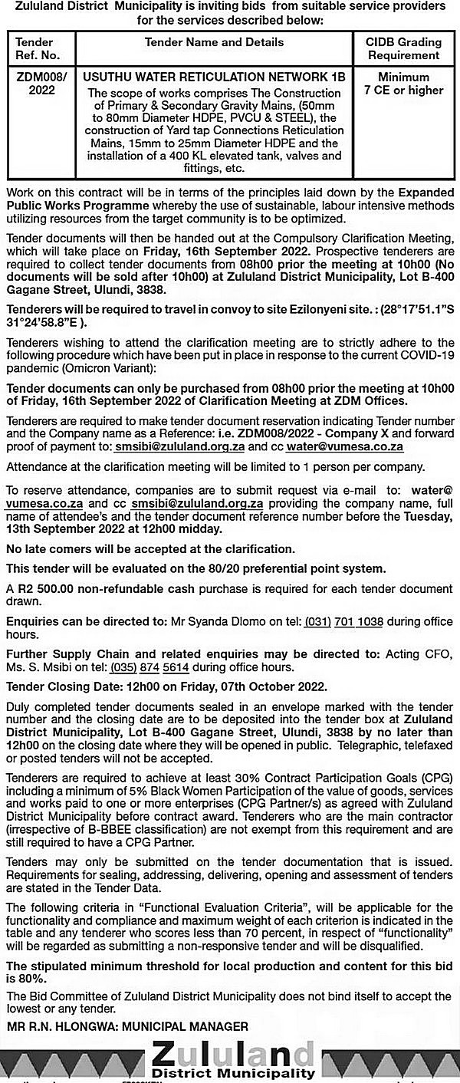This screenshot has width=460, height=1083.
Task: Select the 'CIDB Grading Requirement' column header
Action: click(x=403, y=48)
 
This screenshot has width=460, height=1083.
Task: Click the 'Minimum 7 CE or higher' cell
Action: click(x=403, y=84)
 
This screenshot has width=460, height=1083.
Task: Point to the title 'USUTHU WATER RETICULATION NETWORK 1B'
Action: click(x=214, y=77)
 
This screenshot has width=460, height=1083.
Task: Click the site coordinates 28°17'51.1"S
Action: click(x=413, y=308)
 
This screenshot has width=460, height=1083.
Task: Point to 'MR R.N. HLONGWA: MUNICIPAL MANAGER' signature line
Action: click(x=127, y=1026)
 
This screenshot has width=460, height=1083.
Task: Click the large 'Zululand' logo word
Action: click(x=232, y=1052)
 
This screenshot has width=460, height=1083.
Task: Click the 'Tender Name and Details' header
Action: click(x=214, y=42)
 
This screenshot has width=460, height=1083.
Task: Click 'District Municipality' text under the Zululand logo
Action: click(x=233, y=1073)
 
